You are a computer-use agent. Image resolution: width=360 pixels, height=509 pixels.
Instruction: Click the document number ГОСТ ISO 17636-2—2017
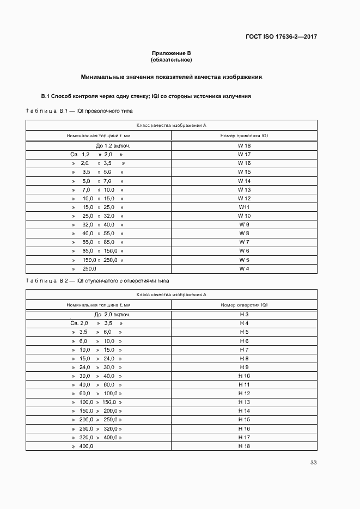tap(282, 37)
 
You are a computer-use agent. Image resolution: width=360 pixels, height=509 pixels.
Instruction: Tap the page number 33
tap(313, 463)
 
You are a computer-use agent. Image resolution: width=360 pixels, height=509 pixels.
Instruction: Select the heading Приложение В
tap(171, 53)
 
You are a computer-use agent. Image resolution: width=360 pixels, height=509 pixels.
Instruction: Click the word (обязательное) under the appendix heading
tap(171, 59)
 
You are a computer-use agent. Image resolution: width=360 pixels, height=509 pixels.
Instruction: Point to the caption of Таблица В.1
tap(80, 111)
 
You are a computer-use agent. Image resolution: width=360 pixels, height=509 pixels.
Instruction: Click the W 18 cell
tap(244, 146)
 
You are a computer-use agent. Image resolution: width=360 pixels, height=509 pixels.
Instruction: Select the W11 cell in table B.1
tap(244, 207)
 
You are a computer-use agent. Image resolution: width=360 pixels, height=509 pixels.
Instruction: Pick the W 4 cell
tap(244, 269)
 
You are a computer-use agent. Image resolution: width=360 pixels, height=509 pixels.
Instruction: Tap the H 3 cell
tap(244, 315)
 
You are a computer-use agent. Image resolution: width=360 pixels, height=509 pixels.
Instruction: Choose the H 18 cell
tap(244, 446)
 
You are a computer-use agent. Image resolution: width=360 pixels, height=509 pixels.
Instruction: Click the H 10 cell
tap(244, 376)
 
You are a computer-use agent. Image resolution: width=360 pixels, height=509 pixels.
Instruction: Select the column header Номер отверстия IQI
tap(244, 305)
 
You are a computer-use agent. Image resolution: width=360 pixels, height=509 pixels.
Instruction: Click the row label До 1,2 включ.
tap(113, 146)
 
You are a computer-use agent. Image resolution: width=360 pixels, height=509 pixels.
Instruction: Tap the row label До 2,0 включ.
tap(112, 315)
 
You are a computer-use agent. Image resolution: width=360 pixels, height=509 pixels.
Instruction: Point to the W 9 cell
tap(244, 225)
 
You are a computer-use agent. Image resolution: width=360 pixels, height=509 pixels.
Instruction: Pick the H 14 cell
tap(244, 411)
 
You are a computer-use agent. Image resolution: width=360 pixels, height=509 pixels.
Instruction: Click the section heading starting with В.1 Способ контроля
tap(146, 96)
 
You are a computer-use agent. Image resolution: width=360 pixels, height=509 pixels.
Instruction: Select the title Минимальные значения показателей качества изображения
tap(172, 77)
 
